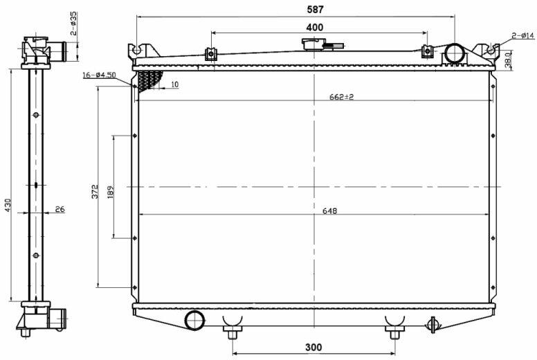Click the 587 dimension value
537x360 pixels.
point(315,10)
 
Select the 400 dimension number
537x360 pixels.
point(314,27)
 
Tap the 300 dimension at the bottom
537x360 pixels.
point(313,348)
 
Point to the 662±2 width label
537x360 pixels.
point(341,97)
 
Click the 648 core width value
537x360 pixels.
point(329,211)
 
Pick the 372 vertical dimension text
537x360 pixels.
point(95,192)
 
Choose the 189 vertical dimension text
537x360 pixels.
point(110,192)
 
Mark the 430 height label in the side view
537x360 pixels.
point(8,205)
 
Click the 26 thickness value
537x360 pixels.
point(60,209)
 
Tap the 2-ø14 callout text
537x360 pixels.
point(523,35)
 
